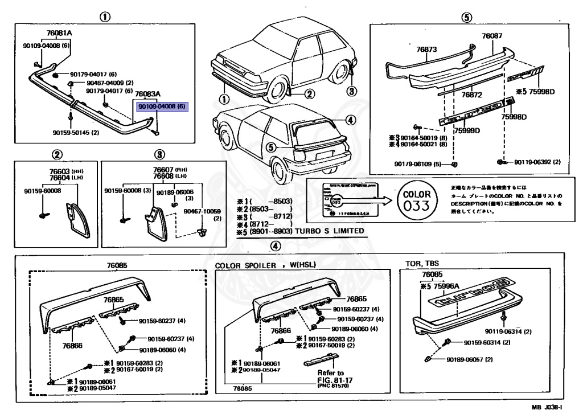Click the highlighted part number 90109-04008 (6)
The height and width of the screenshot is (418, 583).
162,106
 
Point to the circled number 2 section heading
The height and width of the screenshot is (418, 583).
57,154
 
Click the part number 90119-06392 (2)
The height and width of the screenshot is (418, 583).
537,162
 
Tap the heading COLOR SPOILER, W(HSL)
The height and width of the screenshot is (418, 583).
265,265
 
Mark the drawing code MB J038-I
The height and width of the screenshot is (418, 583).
547,407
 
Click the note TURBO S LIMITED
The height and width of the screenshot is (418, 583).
330,232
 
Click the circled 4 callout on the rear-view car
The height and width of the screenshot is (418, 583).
350,120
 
